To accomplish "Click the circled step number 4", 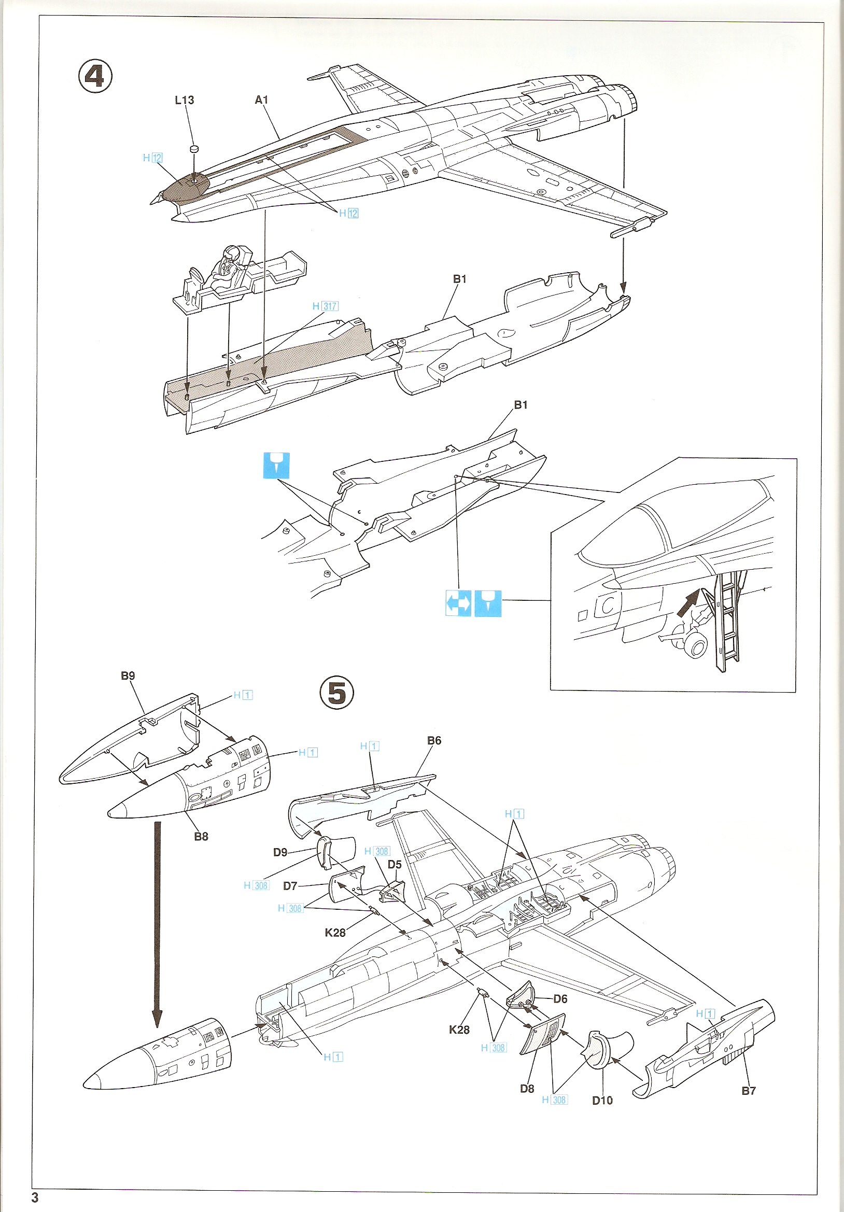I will coord(95,77).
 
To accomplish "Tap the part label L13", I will coord(184,100).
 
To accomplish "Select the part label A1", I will coord(261,100).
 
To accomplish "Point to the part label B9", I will coord(128,675).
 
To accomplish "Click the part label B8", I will coord(201,836).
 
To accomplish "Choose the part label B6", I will coord(434,741).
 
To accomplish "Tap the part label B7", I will coord(748,1091).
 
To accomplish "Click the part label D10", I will coord(602,1100).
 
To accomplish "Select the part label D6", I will coord(560,999).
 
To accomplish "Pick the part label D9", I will coord(280,852).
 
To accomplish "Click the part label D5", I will coord(395,865).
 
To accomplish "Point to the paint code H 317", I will coord(325,306).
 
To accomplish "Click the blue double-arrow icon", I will coord(458,603).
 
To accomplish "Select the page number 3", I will coord(35,1197).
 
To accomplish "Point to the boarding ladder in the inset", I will coord(726,623).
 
